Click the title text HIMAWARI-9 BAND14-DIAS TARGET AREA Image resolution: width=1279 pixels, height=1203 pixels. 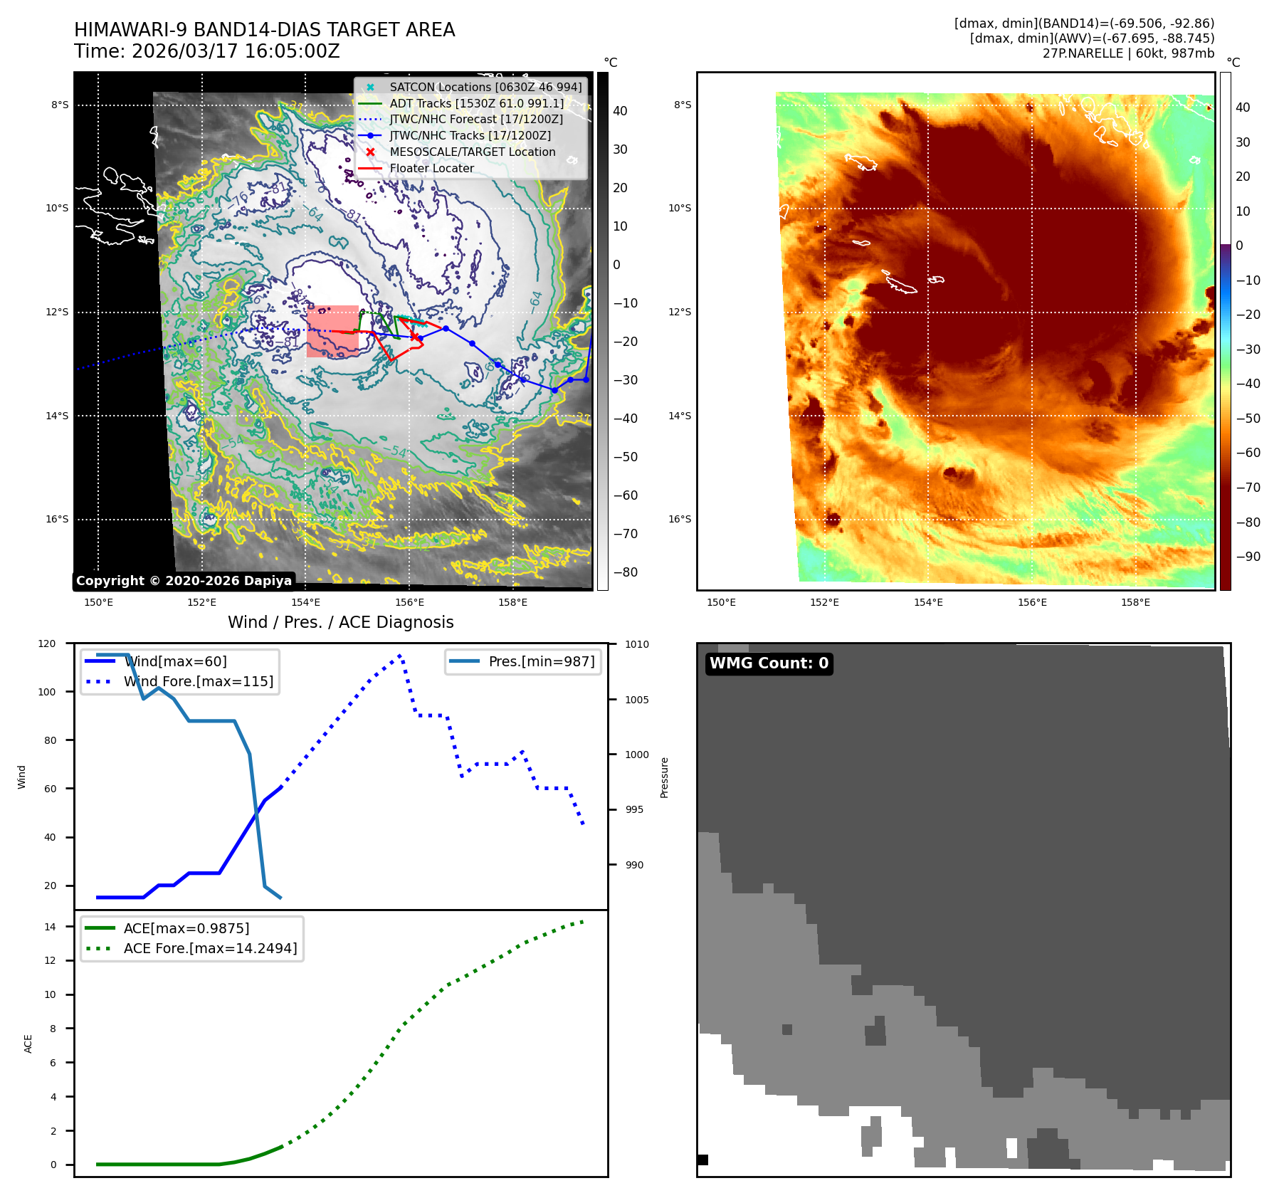(264, 30)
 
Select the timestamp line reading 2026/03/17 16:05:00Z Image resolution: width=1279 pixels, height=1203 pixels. (235, 52)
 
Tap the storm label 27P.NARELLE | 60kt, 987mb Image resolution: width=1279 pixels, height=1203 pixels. (1128, 53)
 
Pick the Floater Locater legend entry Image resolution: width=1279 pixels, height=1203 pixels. (431, 168)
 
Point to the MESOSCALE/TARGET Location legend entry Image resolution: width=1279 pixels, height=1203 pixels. (472, 152)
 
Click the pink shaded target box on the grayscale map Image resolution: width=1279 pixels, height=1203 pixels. (332, 331)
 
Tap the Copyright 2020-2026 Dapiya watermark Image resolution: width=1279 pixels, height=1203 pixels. (184, 581)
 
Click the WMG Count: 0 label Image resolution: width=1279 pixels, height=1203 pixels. (769, 663)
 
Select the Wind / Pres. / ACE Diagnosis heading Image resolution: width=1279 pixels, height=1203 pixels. (340, 622)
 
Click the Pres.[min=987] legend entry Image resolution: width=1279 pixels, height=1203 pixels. (541, 661)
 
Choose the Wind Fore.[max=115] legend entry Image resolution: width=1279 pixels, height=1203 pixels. (198, 681)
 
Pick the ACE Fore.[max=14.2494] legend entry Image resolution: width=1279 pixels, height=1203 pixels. (210, 948)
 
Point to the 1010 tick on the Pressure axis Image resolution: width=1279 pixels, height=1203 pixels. (637, 644)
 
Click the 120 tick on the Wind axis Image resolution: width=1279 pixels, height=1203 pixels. (47, 643)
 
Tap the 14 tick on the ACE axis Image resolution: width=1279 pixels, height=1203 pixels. (50, 927)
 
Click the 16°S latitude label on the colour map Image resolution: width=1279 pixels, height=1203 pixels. (679, 519)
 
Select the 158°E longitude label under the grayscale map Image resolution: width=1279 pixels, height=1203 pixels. (512, 602)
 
